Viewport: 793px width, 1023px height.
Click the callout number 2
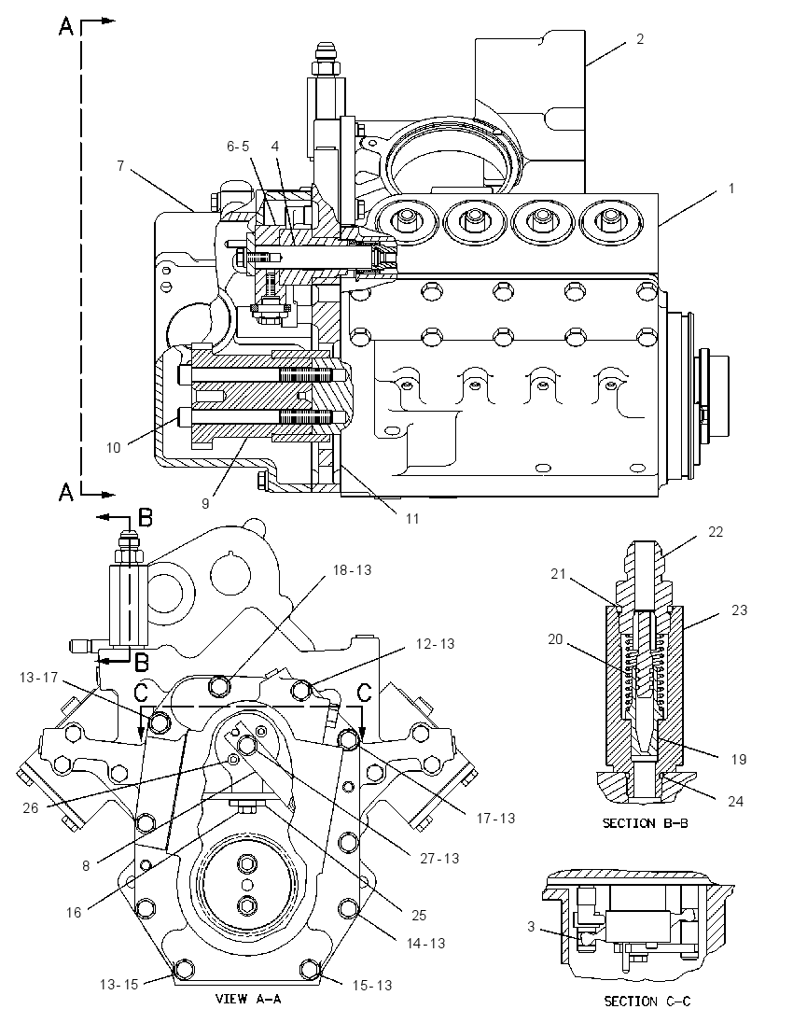pyautogui.click(x=640, y=39)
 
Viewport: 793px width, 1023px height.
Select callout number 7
pyautogui.click(x=120, y=166)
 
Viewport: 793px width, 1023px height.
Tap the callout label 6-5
pyautogui.click(x=238, y=147)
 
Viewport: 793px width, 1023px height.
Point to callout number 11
pyautogui.click(x=412, y=519)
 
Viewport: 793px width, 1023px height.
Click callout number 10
pyautogui.click(x=114, y=448)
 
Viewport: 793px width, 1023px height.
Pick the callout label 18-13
pyautogui.click(x=352, y=569)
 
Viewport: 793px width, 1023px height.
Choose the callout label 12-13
pyautogui.click(x=435, y=643)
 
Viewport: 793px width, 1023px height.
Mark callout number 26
pyautogui.click(x=31, y=807)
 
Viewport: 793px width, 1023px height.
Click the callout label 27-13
pyautogui.click(x=439, y=858)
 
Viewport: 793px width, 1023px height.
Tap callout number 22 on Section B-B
pyautogui.click(x=716, y=532)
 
